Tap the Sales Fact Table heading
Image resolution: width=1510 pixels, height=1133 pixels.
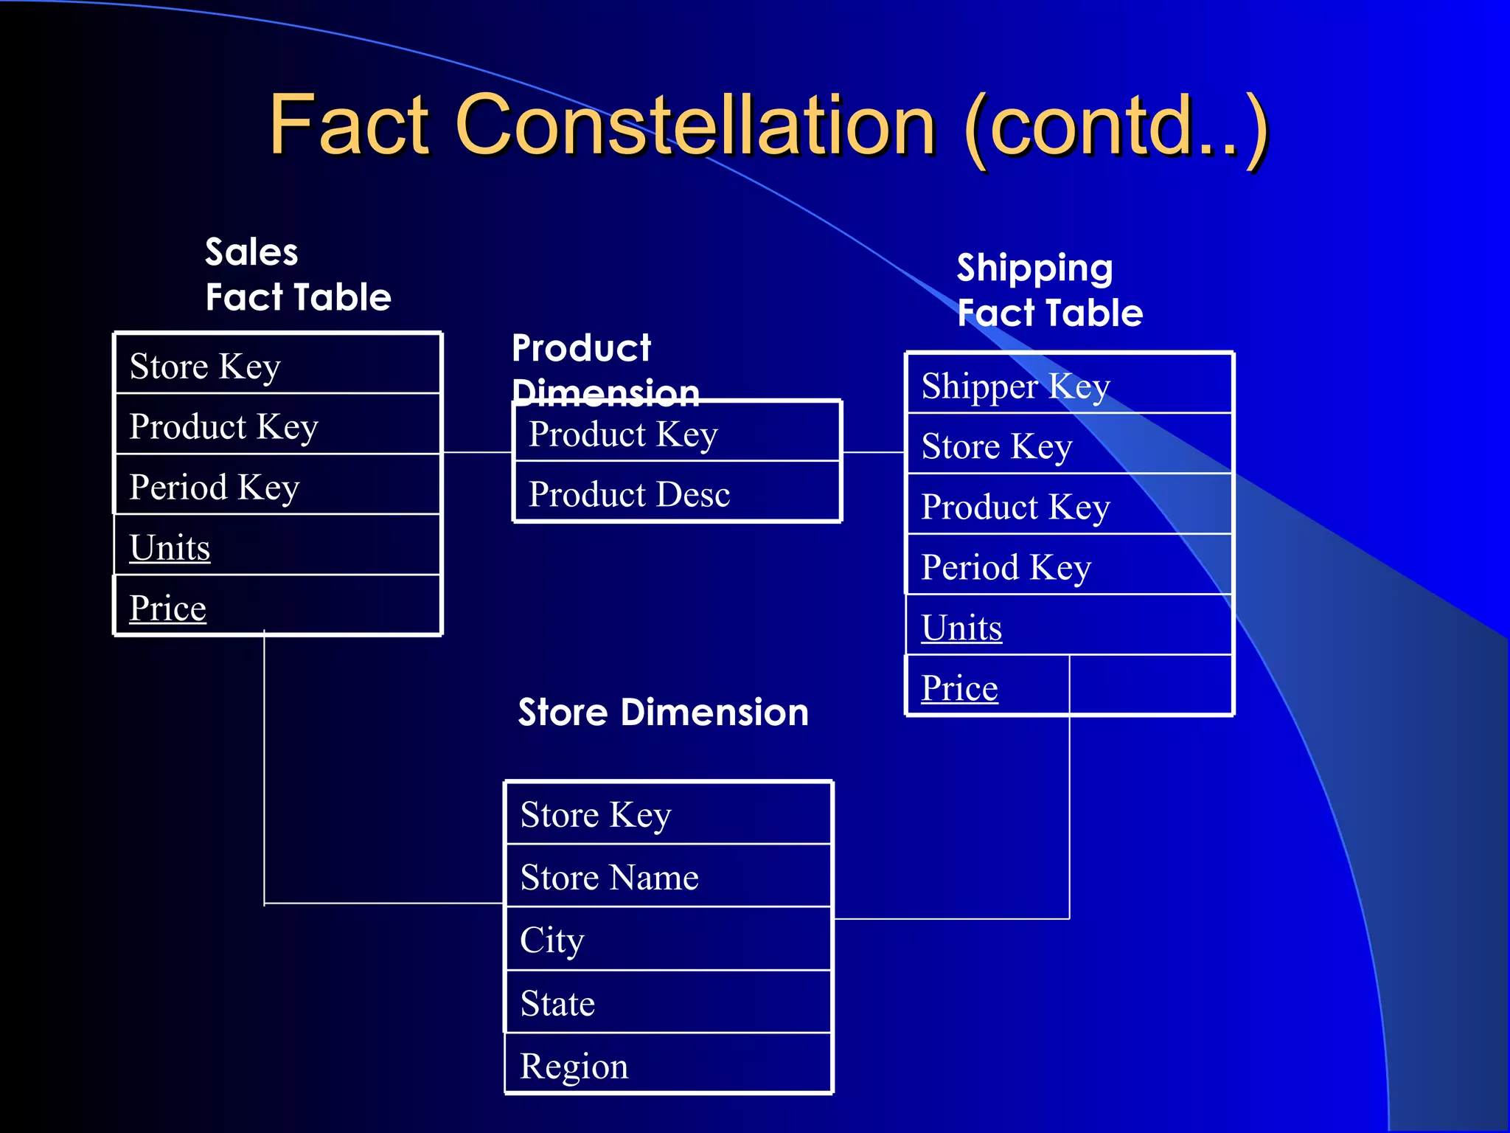coord(298,274)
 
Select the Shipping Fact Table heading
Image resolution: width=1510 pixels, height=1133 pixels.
coord(1049,290)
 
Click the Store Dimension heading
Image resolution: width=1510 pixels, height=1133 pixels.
coord(663,713)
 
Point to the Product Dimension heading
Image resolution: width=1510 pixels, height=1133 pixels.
coord(605,369)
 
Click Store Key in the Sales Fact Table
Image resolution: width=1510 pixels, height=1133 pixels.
coord(205,366)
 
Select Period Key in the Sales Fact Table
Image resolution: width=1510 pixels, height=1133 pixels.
coord(214,487)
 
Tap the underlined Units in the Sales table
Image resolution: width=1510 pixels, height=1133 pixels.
coord(170,547)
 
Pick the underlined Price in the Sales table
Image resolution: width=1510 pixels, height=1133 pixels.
coord(167,608)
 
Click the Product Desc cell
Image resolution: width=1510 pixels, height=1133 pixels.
coord(629,493)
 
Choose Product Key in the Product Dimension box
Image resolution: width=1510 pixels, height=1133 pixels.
coord(623,434)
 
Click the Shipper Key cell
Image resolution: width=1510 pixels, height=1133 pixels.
coord(1015,387)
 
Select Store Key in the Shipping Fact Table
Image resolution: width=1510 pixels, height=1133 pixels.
coord(997,446)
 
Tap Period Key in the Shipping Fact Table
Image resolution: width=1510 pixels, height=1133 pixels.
coord(1006,567)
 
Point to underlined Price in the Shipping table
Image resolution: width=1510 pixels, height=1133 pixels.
coord(959,688)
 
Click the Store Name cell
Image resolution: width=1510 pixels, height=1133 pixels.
coord(609,877)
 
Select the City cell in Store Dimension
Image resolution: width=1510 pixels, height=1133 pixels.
coord(552,940)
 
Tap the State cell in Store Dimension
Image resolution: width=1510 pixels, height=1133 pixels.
coord(557,1003)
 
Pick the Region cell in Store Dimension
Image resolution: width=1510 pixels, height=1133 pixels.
coord(574,1066)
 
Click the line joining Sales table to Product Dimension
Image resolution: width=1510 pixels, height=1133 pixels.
coord(478,452)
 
